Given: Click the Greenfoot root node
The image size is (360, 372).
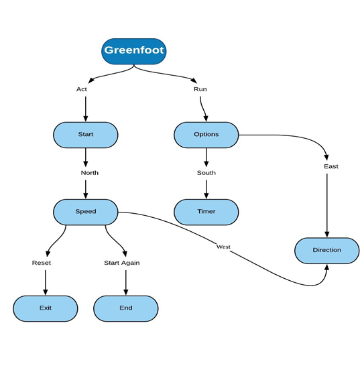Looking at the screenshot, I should pos(133,51).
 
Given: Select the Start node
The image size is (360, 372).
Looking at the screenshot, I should pos(85,134).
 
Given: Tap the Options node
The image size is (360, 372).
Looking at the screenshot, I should pos(206,134).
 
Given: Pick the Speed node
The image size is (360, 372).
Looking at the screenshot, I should pos(85,211).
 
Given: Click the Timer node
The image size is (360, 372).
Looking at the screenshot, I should pos(206,211).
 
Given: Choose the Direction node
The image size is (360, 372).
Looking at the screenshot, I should pos(326,250).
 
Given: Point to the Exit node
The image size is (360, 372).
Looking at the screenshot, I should pos(45,308).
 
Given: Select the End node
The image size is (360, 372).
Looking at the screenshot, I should pos(125,308).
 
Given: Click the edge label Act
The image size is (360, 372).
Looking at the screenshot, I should pos(82,89).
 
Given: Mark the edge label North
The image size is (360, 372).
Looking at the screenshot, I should pos(89,173).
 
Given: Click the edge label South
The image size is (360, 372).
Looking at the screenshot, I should pos(206,173).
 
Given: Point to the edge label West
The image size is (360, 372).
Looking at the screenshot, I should pos(223,247).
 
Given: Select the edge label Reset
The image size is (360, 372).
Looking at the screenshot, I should pos(42,263).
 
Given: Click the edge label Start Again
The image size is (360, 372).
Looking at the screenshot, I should pos(121,263).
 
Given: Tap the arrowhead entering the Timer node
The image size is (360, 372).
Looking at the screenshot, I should pos(206,196).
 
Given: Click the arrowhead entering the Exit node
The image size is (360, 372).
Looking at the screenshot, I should pos(45,292).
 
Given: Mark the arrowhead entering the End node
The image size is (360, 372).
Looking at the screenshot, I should pos(125,292).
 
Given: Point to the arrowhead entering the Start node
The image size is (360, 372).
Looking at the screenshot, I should pos(85,119).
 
